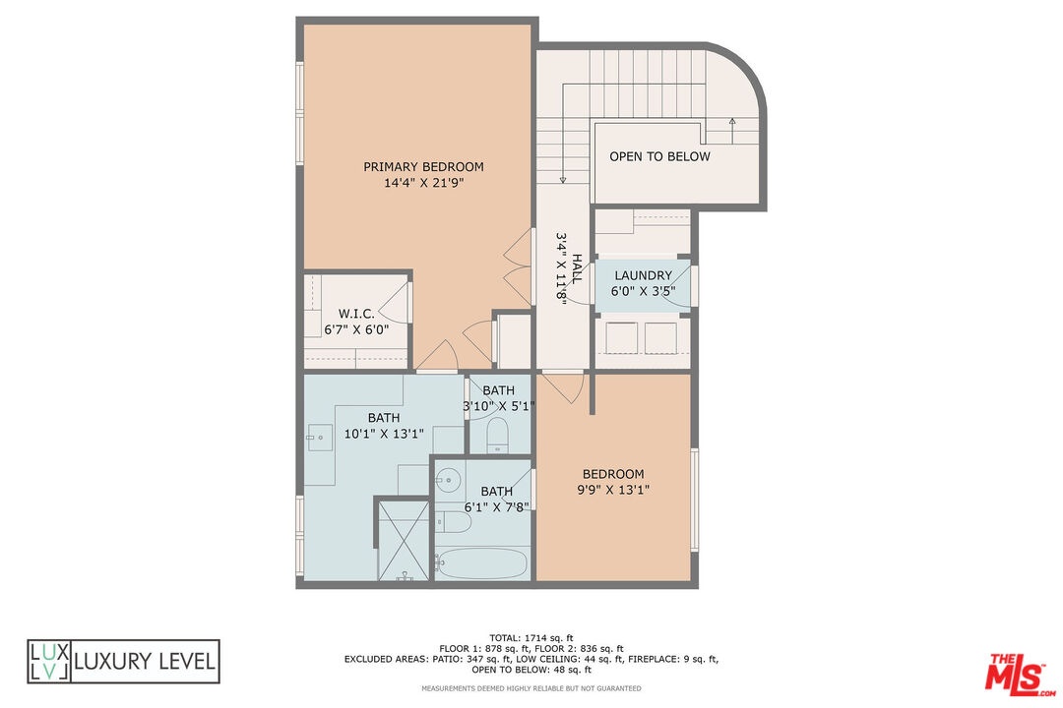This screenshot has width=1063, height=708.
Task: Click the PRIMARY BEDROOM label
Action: pyautogui.click(x=423, y=166)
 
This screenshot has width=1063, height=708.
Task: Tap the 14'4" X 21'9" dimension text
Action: pyautogui.click(x=423, y=182)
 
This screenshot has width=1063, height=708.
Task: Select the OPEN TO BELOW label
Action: pyautogui.click(x=659, y=156)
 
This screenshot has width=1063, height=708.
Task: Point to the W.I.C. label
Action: pyautogui.click(x=356, y=314)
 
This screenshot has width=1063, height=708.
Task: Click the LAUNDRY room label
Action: pyautogui.click(x=644, y=275)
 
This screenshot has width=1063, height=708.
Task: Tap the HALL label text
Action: pyautogui.click(x=577, y=269)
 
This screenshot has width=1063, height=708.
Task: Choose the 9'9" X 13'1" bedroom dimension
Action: pyautogui.click(x=613, y=490)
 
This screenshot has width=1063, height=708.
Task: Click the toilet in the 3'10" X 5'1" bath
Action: pyautogui.click(x=498, y=435)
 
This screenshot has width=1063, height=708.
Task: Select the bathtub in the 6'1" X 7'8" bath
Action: pyautogui.click(x=482, y=563)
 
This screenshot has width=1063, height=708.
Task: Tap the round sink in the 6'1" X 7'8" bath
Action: pyautogui.click(x=448, y=480)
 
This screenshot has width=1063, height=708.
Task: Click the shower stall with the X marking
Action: pyautogui.click(x=405, y=540)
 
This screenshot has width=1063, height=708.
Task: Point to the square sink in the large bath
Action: pyautogui.click(x=319, y=438)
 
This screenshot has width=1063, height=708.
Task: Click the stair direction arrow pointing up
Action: pyautogui.click(x=732, y=131)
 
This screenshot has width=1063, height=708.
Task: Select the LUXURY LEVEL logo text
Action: pyautogui.click(x=145, y=661)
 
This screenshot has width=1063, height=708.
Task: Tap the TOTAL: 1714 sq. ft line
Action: pyautogui.click(x=531, y=637)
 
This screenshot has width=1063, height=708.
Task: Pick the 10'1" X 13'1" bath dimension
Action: pyautogui.click(x=384, y=434)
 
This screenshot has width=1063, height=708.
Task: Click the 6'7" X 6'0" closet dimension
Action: pyautogui.click(x=356, y=330)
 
